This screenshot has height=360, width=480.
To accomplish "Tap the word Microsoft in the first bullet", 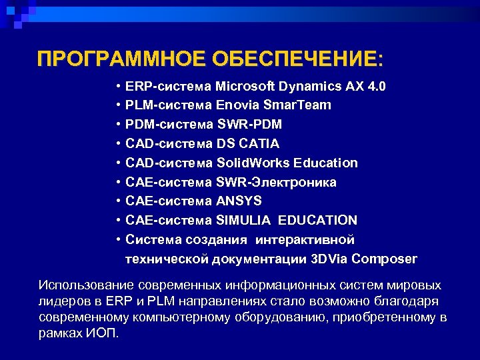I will tap(246, 87).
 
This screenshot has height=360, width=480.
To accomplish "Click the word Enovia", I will tap(238, 105).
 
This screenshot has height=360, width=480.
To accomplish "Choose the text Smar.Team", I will tap(297, 105).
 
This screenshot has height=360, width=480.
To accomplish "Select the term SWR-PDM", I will tap(249, 125).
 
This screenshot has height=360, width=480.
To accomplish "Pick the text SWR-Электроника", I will tap(276, 182).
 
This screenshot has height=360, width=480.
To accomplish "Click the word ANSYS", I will tap(239, 201).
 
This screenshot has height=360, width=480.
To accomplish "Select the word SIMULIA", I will tap(243, 220).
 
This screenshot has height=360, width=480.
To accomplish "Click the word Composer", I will tap(385, 259).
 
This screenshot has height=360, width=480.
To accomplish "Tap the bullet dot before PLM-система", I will tap(117, 105).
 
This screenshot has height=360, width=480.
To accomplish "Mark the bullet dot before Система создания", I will tap(117, 239).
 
